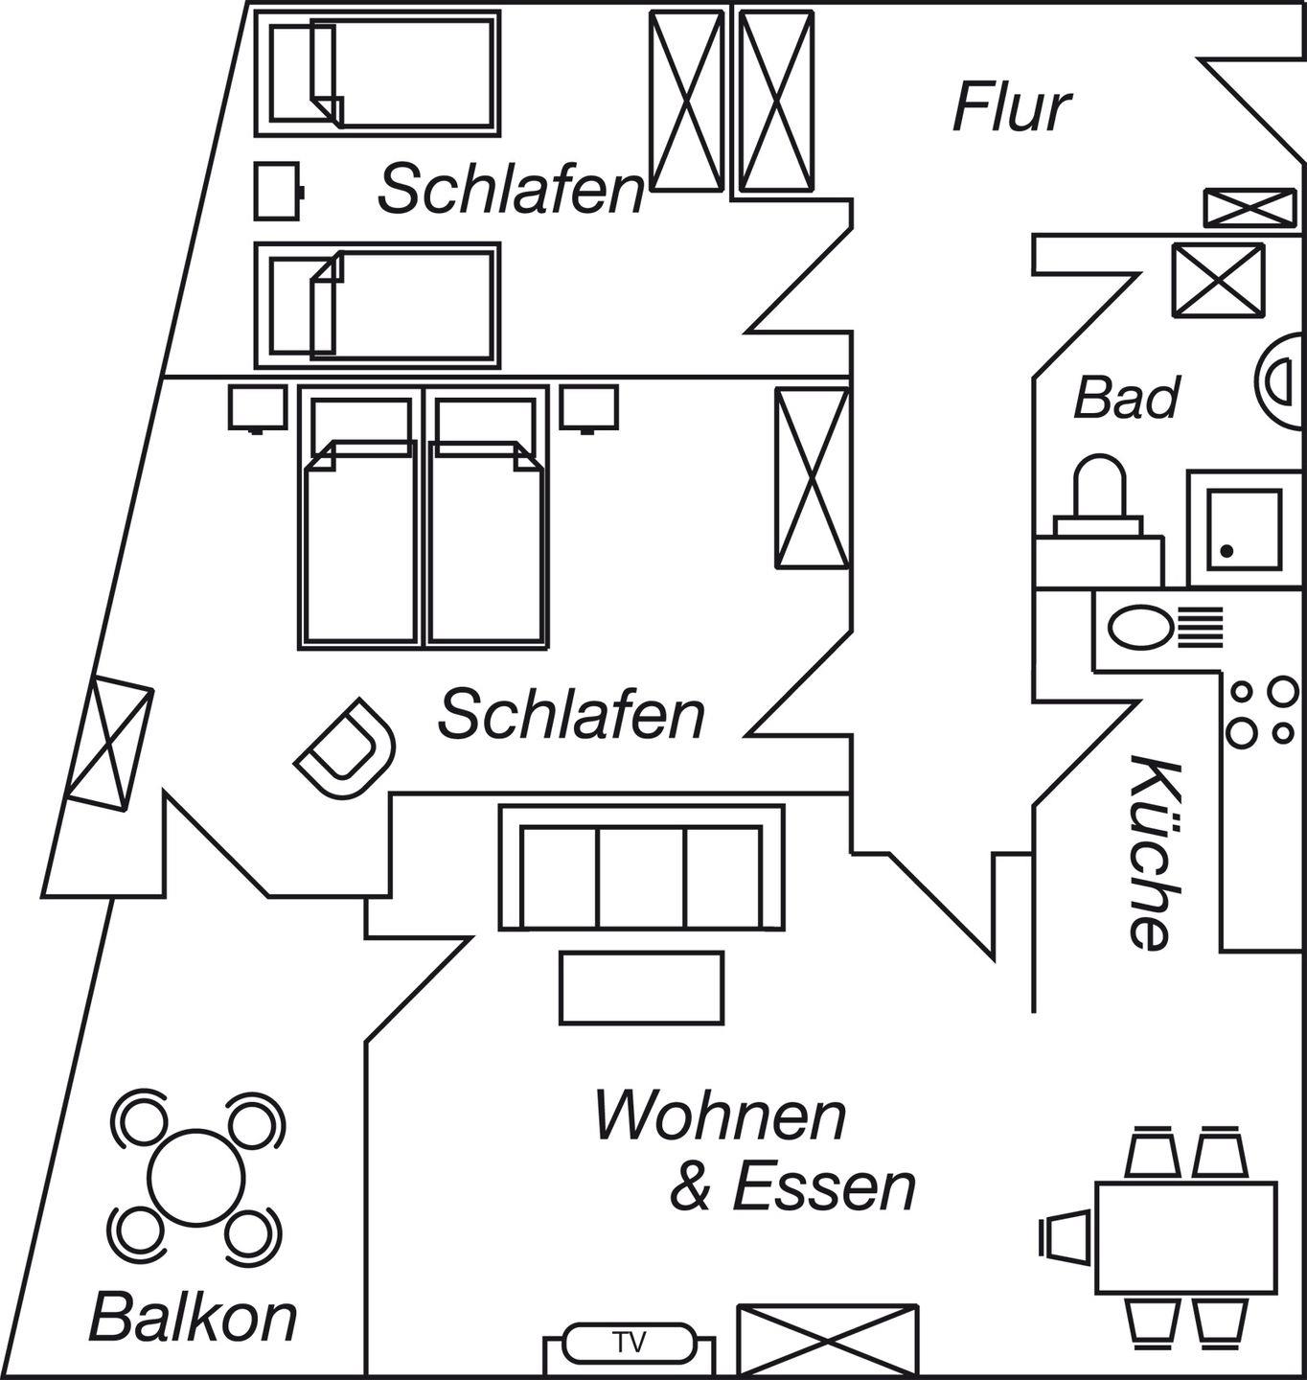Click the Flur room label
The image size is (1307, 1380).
pos(1011,107)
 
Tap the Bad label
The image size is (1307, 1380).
pos(1126,398)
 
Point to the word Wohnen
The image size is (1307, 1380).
pos(721,1116)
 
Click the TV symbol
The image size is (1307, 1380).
pos(629,1343)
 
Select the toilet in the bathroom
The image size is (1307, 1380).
pos(1099,498)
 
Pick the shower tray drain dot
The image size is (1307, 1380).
pos(1227,551)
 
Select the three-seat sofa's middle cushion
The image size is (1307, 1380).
pos(641,877)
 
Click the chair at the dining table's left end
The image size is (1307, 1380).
pos(1065,1236)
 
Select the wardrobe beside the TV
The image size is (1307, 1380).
pos(827,1340)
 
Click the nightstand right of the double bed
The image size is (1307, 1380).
pos(588,407)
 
